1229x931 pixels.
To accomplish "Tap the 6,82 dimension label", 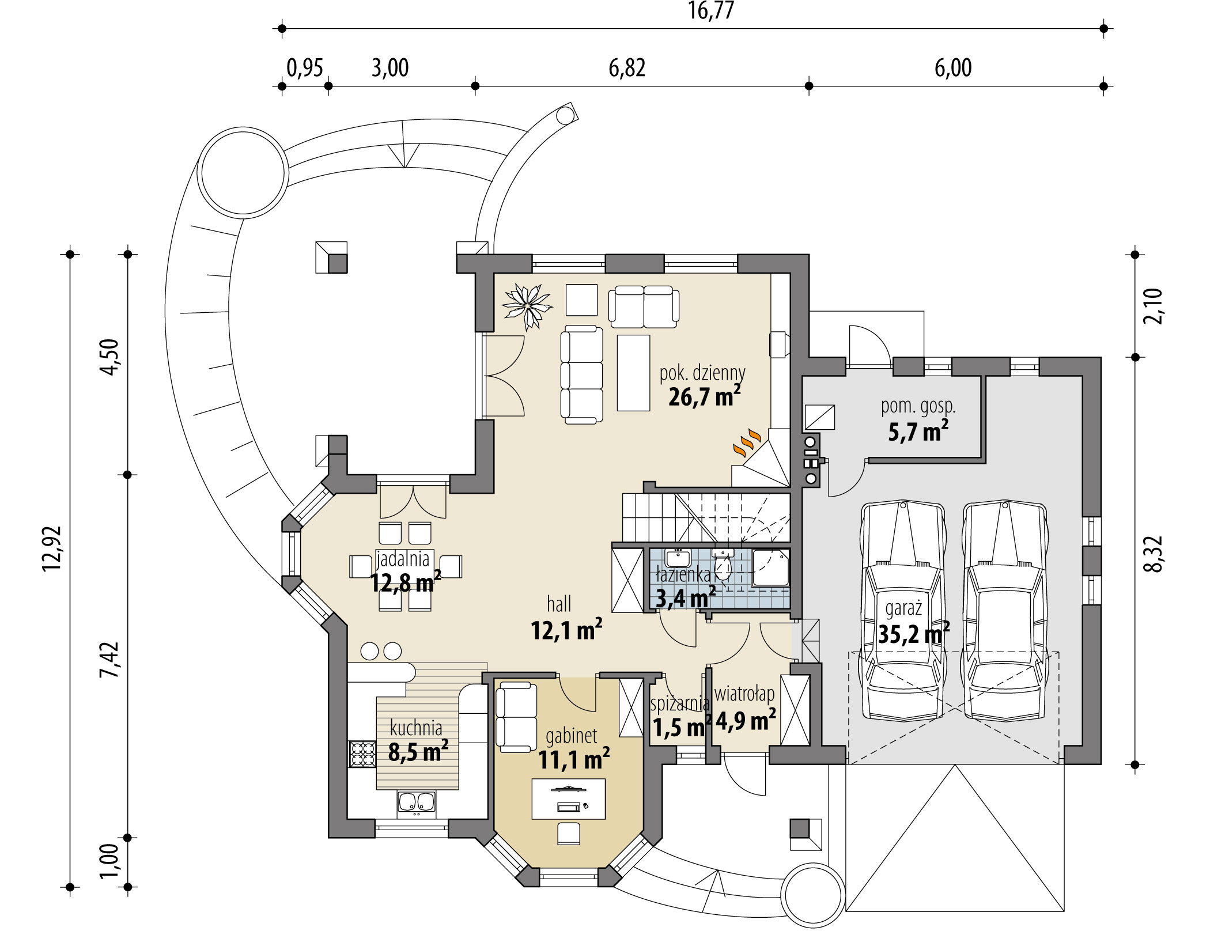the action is [627, 68].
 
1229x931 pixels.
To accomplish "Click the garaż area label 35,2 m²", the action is [914, 634].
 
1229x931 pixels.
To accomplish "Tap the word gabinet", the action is [571, 736].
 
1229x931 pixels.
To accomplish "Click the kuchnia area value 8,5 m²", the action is [418, 751].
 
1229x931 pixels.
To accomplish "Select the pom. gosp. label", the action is [918, 406].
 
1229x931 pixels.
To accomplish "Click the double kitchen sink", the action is [416, 804].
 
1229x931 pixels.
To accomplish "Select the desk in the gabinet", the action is [569, 798].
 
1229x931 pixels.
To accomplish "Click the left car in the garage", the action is [902, 610].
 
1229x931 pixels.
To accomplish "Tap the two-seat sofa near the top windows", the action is [644, 306].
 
